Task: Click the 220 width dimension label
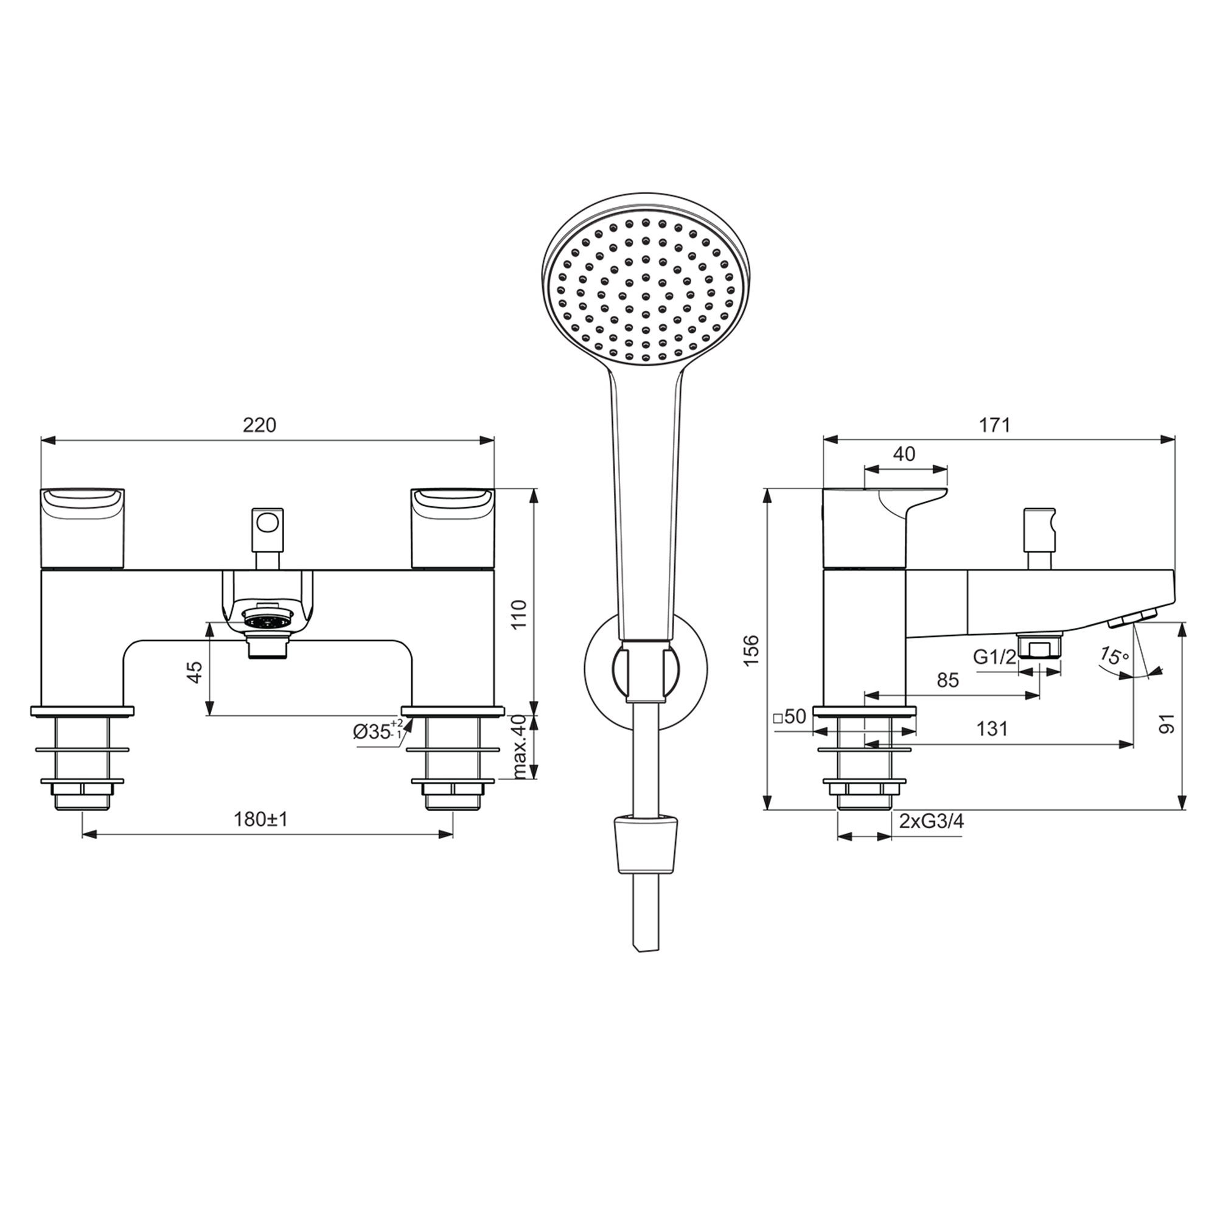coord(260,426)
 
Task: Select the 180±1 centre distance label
coord(260,820)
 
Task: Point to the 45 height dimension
coord(195,672)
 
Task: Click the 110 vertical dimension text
coord(518,614)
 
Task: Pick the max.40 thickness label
coord(519,747)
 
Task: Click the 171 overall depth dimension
coord(995,426)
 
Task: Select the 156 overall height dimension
coord(751,650)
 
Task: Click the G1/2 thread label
coord(994,657)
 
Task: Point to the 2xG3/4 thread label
coord(931,821)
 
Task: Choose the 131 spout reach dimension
coord(992,729)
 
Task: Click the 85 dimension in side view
coord(947,680)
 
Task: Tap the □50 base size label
coord(789,717)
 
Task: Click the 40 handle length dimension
coord(904,454)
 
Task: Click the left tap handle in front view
coord(83,527)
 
